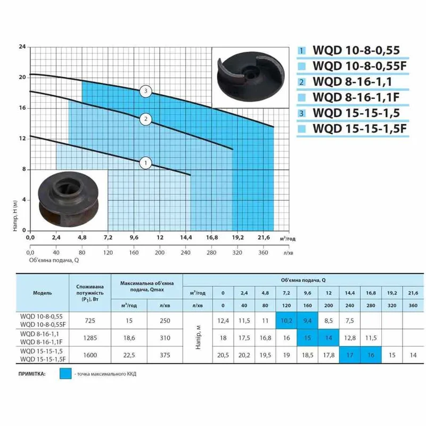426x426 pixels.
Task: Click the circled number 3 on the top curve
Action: click(x=145, y=91)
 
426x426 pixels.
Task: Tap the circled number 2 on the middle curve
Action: click(x=145, y=119)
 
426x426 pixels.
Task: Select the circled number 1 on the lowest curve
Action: click(x=145, y=163)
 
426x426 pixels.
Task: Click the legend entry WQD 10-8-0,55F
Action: click(x=360, y=65)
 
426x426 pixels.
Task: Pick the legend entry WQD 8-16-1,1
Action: click(x=353, y=81)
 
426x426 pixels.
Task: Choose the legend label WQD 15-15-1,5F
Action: click(x=360, y=128)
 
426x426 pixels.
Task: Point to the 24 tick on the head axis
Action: click(x=22, y=47)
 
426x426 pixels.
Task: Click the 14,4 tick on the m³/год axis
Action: click(x=186, y=237)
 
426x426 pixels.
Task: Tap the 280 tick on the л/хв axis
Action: click(x=211, y=252)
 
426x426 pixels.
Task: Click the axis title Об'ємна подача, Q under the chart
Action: click(x=54, y=260)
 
